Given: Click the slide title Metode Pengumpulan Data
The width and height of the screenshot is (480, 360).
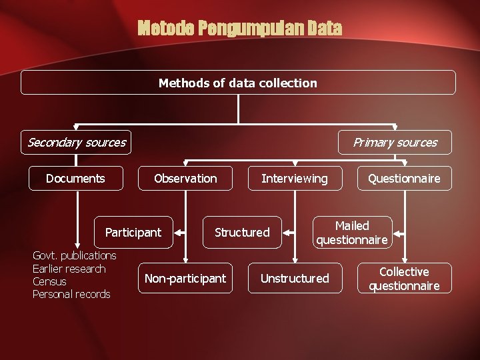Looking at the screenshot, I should point(239,29).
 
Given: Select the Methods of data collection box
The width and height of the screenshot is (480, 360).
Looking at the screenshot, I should point(238,83).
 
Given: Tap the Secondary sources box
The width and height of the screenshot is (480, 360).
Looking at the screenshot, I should point(76,142).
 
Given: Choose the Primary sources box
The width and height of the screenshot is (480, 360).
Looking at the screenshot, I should point(395,142).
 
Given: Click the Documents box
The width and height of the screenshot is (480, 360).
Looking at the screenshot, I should point(75,178).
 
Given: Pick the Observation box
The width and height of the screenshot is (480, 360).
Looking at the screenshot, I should point(185,178).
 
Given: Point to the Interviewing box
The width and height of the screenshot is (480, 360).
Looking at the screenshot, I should point(295,178).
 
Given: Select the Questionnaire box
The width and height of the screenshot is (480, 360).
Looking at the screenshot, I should point(404,178).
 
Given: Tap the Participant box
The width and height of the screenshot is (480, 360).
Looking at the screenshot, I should point(133,232).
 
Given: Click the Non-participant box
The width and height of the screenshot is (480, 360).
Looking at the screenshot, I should point(185,278).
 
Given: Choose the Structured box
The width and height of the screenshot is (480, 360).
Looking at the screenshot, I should point(242,232).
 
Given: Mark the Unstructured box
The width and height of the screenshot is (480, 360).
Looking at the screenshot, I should point(295,278).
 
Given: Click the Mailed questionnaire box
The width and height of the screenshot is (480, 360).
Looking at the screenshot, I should point(352,233).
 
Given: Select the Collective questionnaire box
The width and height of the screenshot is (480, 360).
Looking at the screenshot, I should point(404,279).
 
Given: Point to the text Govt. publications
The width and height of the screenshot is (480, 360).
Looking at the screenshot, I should point(75,255).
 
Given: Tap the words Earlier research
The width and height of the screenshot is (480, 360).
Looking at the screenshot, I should point(69,269).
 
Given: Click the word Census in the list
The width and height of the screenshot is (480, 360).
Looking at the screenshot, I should point(49,281).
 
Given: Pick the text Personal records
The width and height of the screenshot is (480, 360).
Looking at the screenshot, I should point(71,294).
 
